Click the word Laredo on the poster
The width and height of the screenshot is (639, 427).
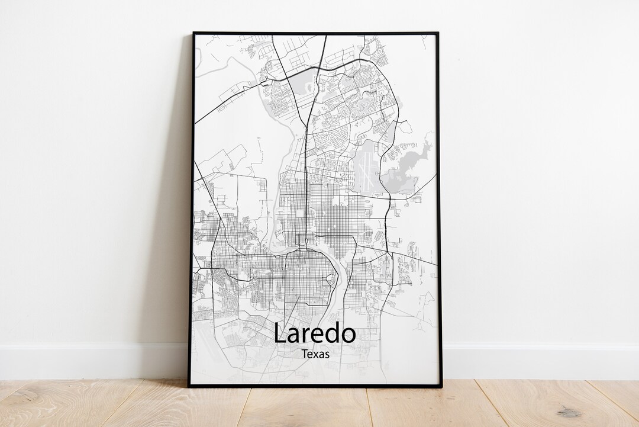[x=314, y=334]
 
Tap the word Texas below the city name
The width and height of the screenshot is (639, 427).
[x=315, y=354]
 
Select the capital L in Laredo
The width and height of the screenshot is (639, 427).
[x=280, y=334]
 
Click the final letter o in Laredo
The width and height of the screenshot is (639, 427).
[x=347, y=336]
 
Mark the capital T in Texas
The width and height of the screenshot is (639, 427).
[x=304, y=354]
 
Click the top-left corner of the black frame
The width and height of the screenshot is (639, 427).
[x=193, y=33]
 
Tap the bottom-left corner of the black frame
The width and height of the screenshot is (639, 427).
[x=189, y=386]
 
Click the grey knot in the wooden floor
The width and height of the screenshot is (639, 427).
[x=569, y=412]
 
